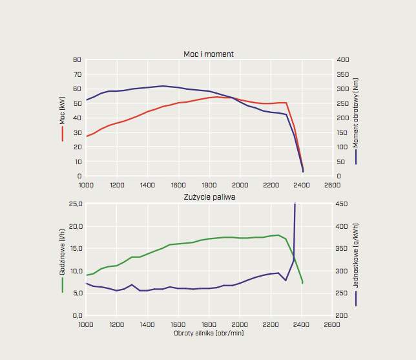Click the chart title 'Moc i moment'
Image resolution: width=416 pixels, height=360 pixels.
209,54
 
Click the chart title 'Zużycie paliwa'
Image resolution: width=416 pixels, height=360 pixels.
209,196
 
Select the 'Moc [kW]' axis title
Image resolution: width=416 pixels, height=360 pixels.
63,111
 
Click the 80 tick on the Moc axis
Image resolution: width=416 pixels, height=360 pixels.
77,59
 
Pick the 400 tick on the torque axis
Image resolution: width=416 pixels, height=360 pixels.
343,59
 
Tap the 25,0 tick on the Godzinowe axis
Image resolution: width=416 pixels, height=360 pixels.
75,204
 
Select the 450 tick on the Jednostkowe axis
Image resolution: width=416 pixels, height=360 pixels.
343,204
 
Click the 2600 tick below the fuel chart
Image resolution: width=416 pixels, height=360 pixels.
332,324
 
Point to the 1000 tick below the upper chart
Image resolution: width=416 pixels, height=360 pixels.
86,185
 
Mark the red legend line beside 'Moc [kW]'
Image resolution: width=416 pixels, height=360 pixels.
63,133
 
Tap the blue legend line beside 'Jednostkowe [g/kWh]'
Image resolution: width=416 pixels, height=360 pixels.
356,297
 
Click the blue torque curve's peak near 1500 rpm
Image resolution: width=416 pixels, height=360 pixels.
163,86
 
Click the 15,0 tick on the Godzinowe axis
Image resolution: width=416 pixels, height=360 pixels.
75,248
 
